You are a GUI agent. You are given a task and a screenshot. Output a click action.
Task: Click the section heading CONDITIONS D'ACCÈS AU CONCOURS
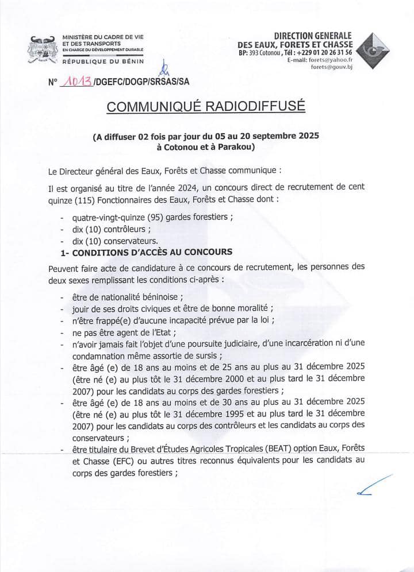149,252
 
